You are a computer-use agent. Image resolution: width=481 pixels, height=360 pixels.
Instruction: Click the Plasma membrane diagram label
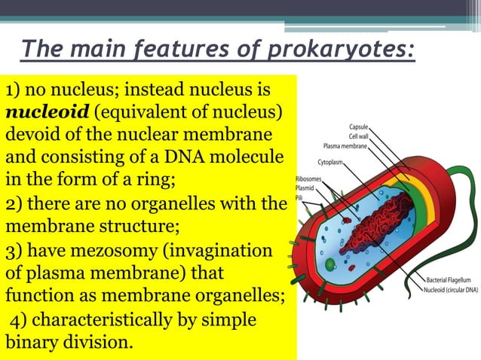pos(345,145)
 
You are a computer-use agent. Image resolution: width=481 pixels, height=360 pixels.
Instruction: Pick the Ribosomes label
pos(307,179)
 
